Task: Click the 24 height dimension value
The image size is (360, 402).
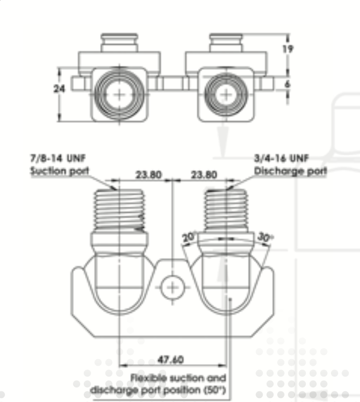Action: pyautogui.click(x=59, y=89)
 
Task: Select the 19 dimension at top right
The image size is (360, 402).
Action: pyautogui.click(x=288, y=49)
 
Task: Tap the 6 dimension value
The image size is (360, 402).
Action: pyautogui.click(x=287, y=84)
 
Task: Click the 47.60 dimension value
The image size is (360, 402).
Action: pyautogui.click(x=170, y=360)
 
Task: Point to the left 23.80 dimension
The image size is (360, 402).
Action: pyautogui.click(x=149, y=175)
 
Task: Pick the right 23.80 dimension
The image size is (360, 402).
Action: pyautogui.click(x=204, y=175)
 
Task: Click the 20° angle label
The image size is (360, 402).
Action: pyautogui.click(x=189, y=237)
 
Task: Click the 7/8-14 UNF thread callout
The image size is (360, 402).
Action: pyautogui.click(x=58, y=158)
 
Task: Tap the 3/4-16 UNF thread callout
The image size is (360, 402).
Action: pyautogui.click(x=281, y=158)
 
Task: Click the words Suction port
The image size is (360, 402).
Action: pyautogui.click(x=60, y=171)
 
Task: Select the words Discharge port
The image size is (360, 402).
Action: pyautogui.click(x=291, y=171)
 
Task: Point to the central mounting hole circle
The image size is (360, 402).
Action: pyautogui.click(x=172, y=288)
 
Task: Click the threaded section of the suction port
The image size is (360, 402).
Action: pyautogui.click(x=119, y=209)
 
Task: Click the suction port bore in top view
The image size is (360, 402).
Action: pyautogui.click(x=119, y=95)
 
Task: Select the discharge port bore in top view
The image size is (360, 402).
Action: pyautogui.click(x=226, y=95)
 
